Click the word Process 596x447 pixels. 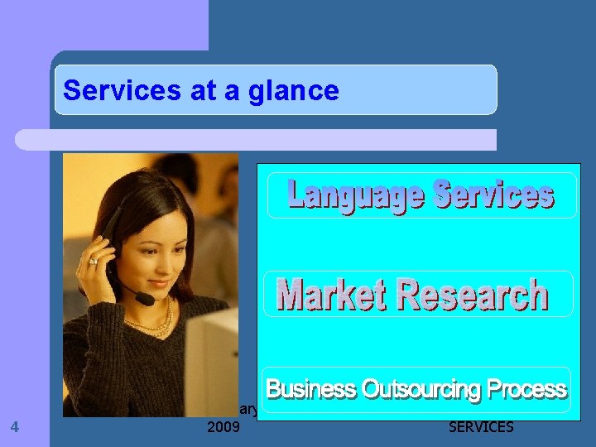point(527,389)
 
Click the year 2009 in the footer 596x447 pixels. point(223,427)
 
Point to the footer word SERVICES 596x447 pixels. point(480,427)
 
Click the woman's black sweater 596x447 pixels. point(124,372)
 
